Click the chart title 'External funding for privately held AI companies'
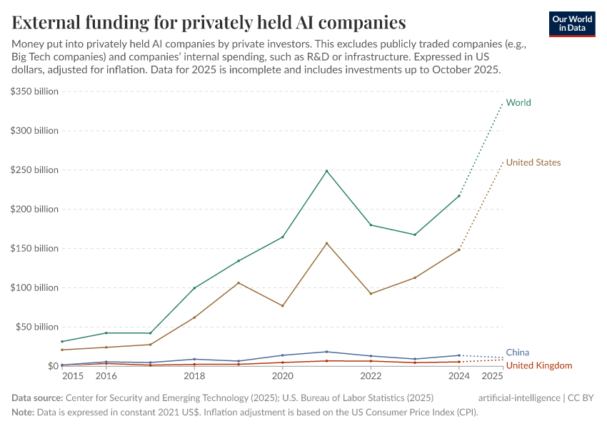(209, 22)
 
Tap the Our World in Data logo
(571, 24)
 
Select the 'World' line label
(518, 102)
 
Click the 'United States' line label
(533, 162)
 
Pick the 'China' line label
(518, 352)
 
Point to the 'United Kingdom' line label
(539, 365)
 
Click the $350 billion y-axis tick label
(34, 92)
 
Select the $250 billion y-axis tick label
(34, 170)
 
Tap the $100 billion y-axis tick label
(34, 287)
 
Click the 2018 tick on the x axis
(194, 376)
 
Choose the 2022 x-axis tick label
(371, 376)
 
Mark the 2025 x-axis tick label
(492, 376)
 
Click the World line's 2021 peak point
(326, 171)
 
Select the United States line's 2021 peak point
(326, 243)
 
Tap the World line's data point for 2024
(459, 196)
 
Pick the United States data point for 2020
(283, 306)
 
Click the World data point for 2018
(194, 288)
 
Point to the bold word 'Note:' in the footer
(24, 412)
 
